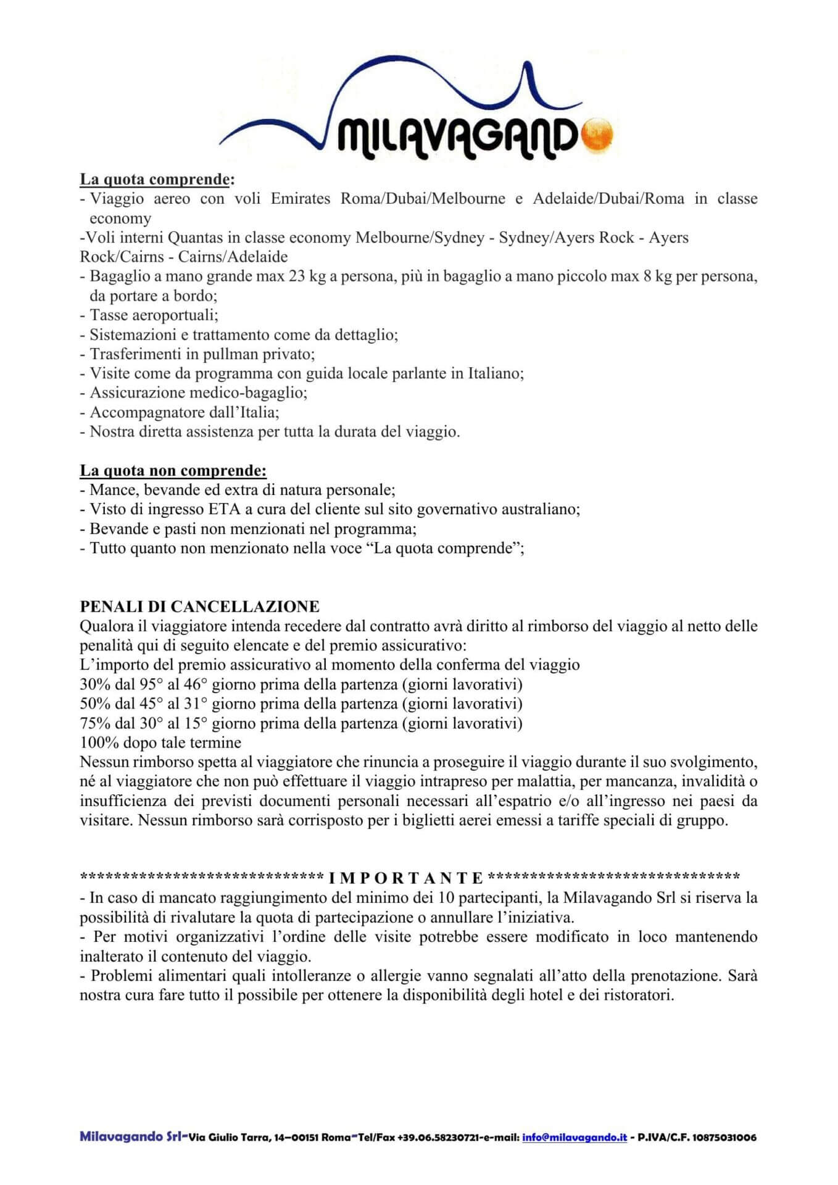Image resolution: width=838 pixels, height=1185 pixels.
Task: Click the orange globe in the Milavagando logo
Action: click(x=597, y=133)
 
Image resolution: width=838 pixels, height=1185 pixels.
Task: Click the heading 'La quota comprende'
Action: click(x=154, y=179)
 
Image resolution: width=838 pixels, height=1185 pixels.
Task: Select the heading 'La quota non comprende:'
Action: click(x=173, y=470)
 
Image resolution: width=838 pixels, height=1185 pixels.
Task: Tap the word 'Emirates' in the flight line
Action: click(x=301, y=199)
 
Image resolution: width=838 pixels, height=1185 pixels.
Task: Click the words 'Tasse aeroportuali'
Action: click(x=152, y=315)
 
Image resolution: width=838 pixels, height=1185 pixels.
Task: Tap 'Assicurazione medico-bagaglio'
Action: click(x=197, y=393)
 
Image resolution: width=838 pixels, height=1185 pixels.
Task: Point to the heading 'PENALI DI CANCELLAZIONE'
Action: click(x=199, y=607)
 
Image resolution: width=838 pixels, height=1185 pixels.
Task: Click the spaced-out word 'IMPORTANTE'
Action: click(x=406, y=878)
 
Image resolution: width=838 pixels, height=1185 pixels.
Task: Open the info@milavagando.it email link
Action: click(x=575, y=1137)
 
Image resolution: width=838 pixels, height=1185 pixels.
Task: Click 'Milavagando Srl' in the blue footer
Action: click(x=130, y=1137)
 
